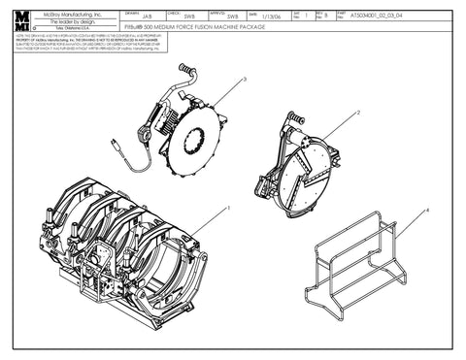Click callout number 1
pyautogui.click(x=228, y=207)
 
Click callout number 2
pyautogui.click(x=358, y=113)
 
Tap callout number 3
pyautogui.click(x=245, y=80)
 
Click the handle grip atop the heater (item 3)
pyautogui.click(x=183, y=68)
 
